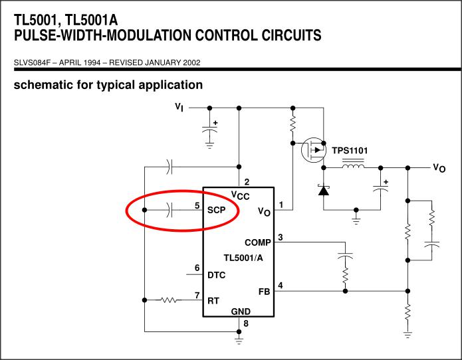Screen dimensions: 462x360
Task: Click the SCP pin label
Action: click(x=216, y=210)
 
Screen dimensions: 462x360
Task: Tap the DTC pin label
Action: click(x=216, y=275)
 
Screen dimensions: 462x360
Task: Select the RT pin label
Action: click(x=213, y=301)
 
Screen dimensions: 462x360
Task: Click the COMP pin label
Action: click(x=258, y=242)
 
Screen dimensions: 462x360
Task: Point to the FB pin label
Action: click(x=265, y=292)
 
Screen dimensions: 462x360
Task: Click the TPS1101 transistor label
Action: click(x=350, y=151)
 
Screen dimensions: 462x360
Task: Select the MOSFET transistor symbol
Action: click(x=314, y=150)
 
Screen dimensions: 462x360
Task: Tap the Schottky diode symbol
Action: click(x=324, y=190)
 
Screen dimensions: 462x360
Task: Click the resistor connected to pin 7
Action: click(x=169, y=300)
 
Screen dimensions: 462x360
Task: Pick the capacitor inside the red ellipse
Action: click(x=169, y=210)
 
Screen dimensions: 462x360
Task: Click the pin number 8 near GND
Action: click(x=246, y=323)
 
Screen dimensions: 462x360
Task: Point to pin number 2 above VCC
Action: click(x=247, y=182)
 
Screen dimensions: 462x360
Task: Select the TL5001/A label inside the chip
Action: click(x=243, y=258)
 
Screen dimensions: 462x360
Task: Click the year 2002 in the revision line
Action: click(x=191, y=62)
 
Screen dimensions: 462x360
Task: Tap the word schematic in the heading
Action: click(x=44, y=85)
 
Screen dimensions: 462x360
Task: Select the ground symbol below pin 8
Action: click(x=239, y=341)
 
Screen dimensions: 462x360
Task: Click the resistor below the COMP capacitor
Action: click(x=345, y=275)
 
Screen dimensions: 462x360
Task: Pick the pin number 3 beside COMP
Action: click(x=281, y=237)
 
